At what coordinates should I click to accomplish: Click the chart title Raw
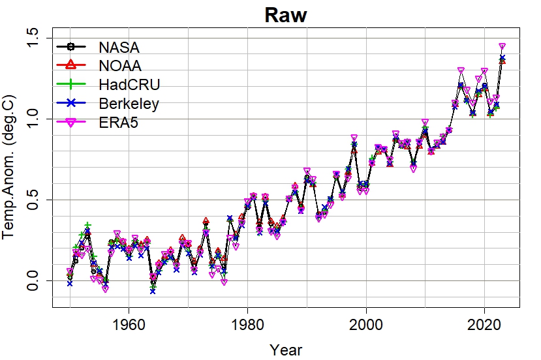285,16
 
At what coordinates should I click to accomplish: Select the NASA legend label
119,47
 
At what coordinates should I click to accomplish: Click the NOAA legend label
120,65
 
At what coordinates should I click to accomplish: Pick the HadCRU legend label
129,84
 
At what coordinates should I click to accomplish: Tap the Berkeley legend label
129,103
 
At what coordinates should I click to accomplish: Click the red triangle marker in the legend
72,65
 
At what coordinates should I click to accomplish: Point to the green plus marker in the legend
72,84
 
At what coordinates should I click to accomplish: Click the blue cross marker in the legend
72,103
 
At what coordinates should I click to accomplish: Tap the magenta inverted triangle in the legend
72,122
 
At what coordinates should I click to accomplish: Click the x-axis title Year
285,350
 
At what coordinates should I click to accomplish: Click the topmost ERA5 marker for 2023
502,47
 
